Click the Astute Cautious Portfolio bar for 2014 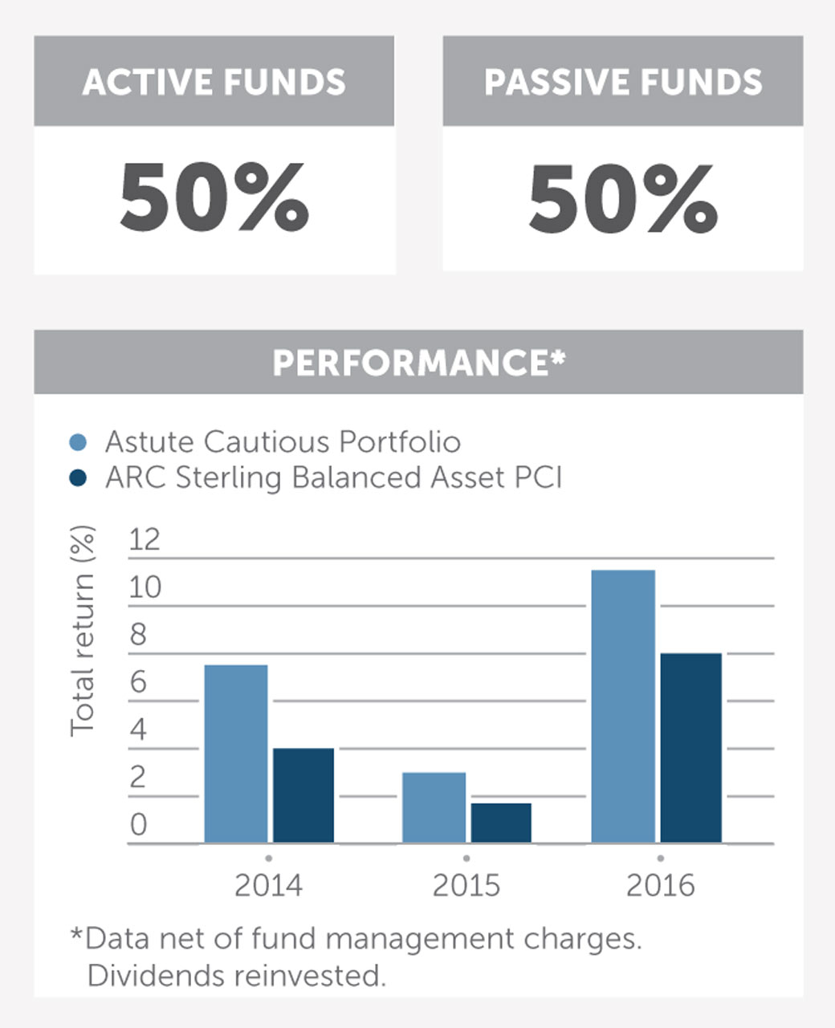pyautogui.click(x=235, y=754)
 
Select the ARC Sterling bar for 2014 pyautogui.click(x=303, y=795)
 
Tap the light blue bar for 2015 pyautogui.click(x=434, y=807)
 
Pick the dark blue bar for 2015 pyautogui.click(x=501, y=823)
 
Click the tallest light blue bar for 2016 pyautogui.click(x=623, y=706)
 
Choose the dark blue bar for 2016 pyautogui.click(x=690, y=748)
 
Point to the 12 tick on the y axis pyautogui.click(x=145, y=540)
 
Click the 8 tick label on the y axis pyautogui.click(x=138, y=635)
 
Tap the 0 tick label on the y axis pyautogui.click(x=138, y=825)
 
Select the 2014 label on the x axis pyautogui.click(x=268, y=885)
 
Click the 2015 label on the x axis pyautogui.click(x=466, y=885)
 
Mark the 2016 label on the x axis pyautogui.click(x=660, y=885)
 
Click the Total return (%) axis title pyautogui.click(x=82, y=631)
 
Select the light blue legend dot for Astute pyautogui.click(x=78, y=442)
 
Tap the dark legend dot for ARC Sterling pyautogui.click(x=78, y=478)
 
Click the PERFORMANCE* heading pyautogui.click(x=418, y=363)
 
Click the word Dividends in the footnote pyautogui.click(x=157, y=976)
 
